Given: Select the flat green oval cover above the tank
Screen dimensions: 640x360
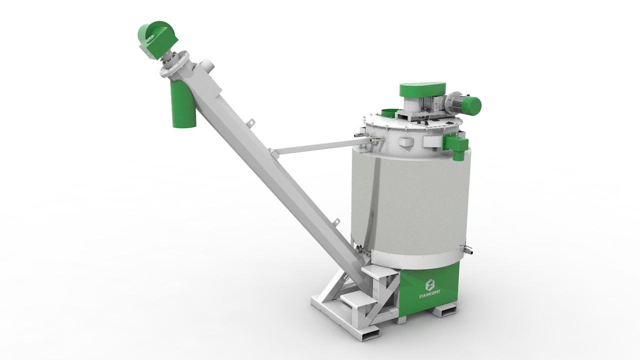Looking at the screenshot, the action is [423, 90].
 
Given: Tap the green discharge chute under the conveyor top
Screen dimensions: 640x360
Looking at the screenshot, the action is [184, 105].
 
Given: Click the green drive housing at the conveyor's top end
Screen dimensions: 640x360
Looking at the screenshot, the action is [158, 39].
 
